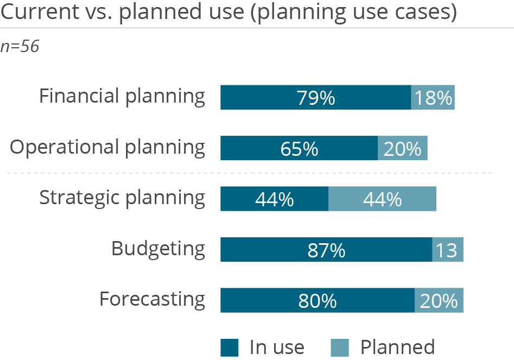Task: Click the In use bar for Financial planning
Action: (x=315, y=98)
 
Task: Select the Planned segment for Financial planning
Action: (x=433, y=98)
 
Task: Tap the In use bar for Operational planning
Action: (x=299, y=148)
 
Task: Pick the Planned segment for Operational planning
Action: (x=403, y=148)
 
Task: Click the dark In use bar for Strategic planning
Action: (x=274, y=199)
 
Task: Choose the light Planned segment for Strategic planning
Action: (x=382, y=199)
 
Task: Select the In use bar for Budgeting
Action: (x=326, y=250)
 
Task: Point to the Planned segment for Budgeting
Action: (x=448, y=250)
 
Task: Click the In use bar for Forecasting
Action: (x=318, y=300)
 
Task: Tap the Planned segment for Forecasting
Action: (x=439, y=300)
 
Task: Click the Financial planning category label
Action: (x=122, y=97)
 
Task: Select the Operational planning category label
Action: (x=108, y=148)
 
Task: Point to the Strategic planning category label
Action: (x=122, y=198)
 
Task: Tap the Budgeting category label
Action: (x=158, y=249)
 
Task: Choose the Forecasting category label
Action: (x=152, y=300)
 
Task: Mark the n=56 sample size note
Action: (x=20, y=47)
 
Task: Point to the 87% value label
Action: (x=326, y=250)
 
